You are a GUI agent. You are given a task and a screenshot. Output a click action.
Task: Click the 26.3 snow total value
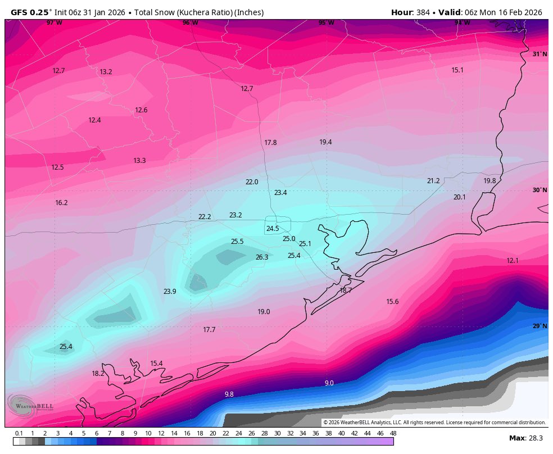(x=262, y=257)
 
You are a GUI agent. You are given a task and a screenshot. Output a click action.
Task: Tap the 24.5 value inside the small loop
(x=273, y=229)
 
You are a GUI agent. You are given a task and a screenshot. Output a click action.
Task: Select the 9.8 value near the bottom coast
(x=229, y=394)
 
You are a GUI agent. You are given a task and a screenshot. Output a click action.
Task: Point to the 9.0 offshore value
(x=329, y=383)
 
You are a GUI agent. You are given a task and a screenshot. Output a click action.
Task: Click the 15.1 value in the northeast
(x=457, y=70)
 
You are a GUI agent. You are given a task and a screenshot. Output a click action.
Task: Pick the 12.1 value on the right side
(x=513, y=261)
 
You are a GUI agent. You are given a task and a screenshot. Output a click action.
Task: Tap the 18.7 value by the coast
(x=346, y=290)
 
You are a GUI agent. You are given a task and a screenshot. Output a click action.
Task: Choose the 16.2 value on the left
(x=61, y=203)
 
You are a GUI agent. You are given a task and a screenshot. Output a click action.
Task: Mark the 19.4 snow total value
(x=325, y=142)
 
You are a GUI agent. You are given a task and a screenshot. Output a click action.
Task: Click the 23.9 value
(x=170, y=292)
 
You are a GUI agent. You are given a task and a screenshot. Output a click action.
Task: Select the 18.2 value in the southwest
(x=98, y=374)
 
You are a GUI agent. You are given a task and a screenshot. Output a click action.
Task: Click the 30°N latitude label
(x=540, y=190)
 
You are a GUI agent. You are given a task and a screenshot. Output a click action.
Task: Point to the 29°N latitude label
(x=540, y=326)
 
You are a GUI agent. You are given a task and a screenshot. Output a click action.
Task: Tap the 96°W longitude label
(x=190, y=23)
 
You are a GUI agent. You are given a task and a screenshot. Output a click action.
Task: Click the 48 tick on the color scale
(x=393, y=433)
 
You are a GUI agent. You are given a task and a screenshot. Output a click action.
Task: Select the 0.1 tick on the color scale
(x=19, y=433)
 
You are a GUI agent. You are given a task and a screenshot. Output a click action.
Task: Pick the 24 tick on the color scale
(x=238, y=433)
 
